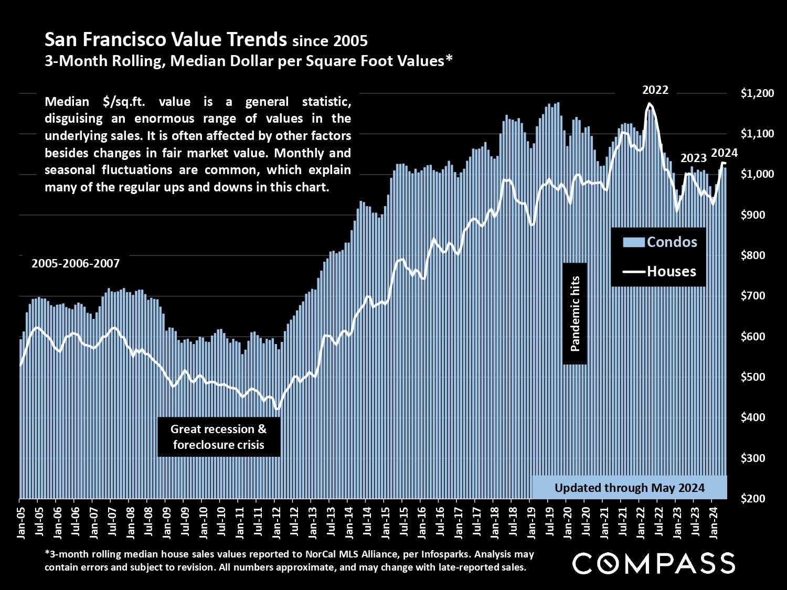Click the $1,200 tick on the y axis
[757, 93]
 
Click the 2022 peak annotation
[655, 90]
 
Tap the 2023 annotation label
[693, 158]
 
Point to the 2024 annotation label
[724, 153]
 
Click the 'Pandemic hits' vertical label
[575, 314]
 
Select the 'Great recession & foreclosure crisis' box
[219, 437]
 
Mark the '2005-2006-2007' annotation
[76, 263]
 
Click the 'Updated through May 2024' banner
[630, 488]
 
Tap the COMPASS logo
[654, 563]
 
